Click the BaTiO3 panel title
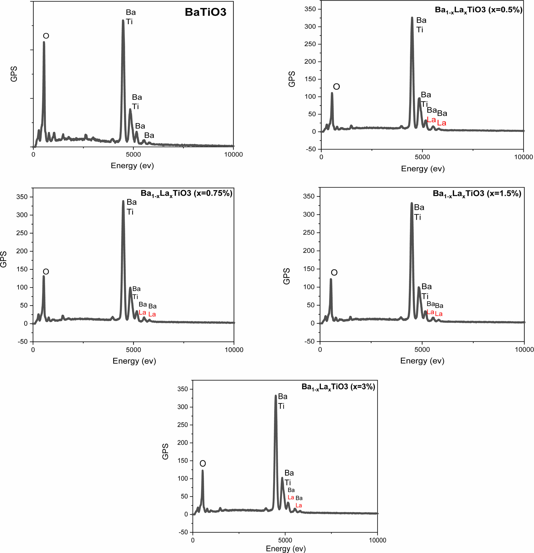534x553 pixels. pos(205,12)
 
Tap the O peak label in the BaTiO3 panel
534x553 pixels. pos(46,36)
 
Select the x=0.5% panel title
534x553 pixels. pos(478,10)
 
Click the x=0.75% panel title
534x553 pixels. pos(186,193)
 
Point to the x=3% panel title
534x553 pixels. pos(338,387)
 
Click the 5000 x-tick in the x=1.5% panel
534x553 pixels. pos(422,350)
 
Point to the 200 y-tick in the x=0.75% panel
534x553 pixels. pos(22,251)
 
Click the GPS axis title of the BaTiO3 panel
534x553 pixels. pos(14,74)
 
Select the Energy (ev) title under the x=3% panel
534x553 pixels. pos(286,548)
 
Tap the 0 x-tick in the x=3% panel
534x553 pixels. pos(193,540)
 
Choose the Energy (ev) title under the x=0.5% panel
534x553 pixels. pos(423,169)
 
